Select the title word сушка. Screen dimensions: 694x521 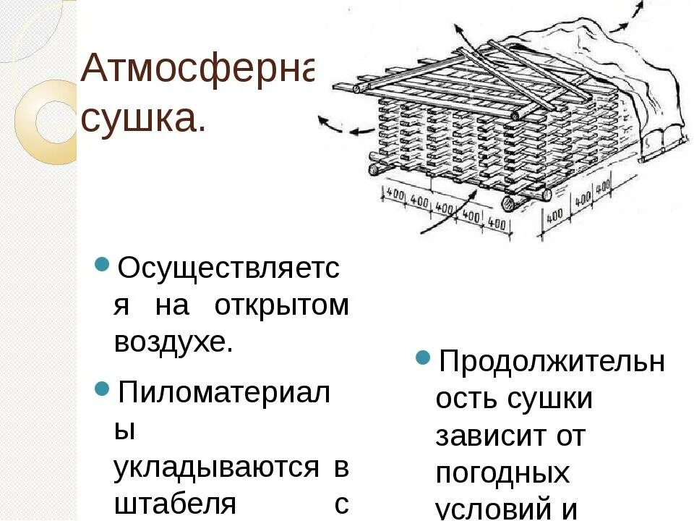point(143,118)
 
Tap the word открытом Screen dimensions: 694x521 point(281,306)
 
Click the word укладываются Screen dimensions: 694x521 point(216,468)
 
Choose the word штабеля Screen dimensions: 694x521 point(174,504)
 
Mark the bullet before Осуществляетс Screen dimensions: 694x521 point(102,262)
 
